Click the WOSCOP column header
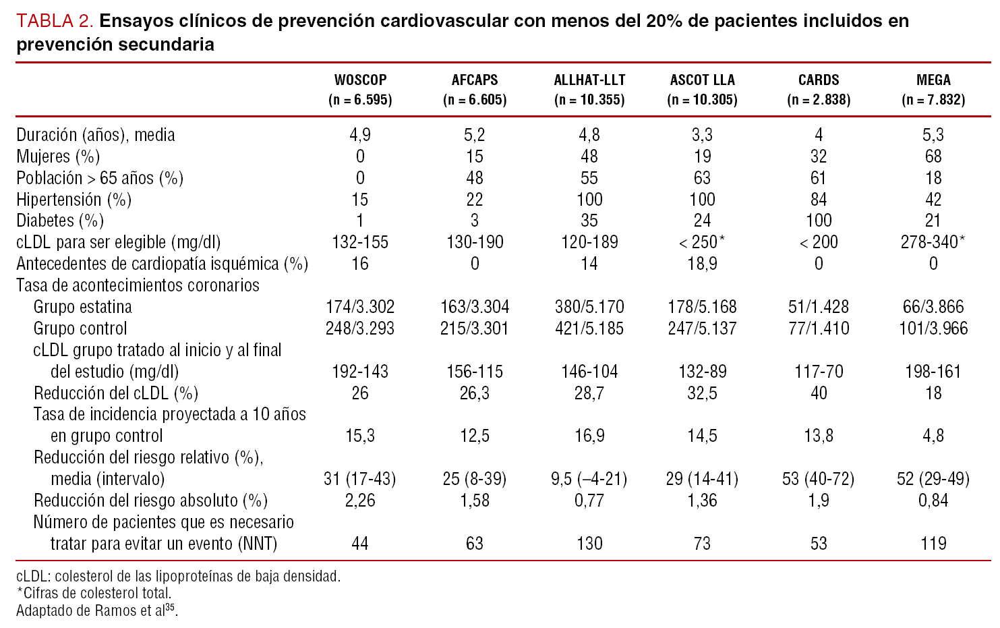click(360, 80)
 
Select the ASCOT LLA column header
click(702, 80)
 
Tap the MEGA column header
click(933, 80)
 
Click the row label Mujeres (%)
click(58, 156)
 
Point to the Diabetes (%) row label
click(60, 221)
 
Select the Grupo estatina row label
click(82, 307)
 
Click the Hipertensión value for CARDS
click(818, 200)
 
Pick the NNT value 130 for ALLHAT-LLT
click(589, 544)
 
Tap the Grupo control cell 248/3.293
click(360, 329)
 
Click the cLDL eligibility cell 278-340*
click(933, 242)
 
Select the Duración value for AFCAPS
click(475, 135)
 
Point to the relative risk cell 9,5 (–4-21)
click(589, 479)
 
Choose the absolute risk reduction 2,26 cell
click(360, 501)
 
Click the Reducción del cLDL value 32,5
click(702, 393)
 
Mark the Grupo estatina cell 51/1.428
click(818, 307)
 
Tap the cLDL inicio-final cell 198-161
click(933, 372)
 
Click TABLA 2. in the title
click(55, 21)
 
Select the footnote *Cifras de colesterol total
click(94, 594)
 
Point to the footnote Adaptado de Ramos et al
click(94, 610)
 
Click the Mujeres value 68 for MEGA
click(933, 156)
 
